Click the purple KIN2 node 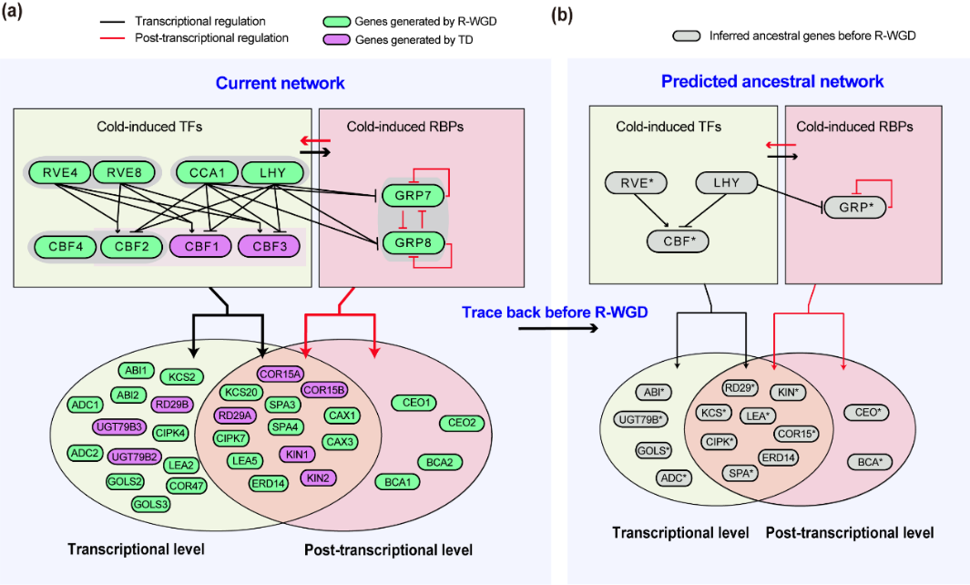point(317,477)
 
